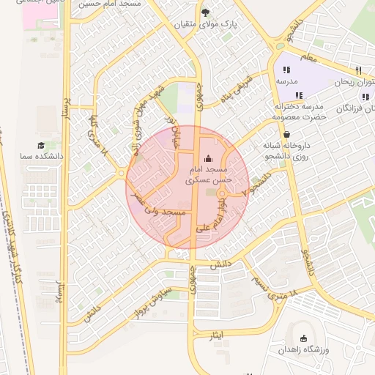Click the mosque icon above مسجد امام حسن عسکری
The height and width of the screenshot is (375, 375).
click(208, 158)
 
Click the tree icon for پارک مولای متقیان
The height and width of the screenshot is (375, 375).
click(205, 12)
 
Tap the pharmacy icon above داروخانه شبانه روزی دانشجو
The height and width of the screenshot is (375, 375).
click(285, 135)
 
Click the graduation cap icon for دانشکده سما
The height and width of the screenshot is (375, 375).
click(41, 145)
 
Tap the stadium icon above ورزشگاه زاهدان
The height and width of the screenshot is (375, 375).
click(303, 338)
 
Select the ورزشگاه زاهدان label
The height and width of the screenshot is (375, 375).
click(305, 350)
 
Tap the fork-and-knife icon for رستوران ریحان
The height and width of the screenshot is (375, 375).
click(358, 70)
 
